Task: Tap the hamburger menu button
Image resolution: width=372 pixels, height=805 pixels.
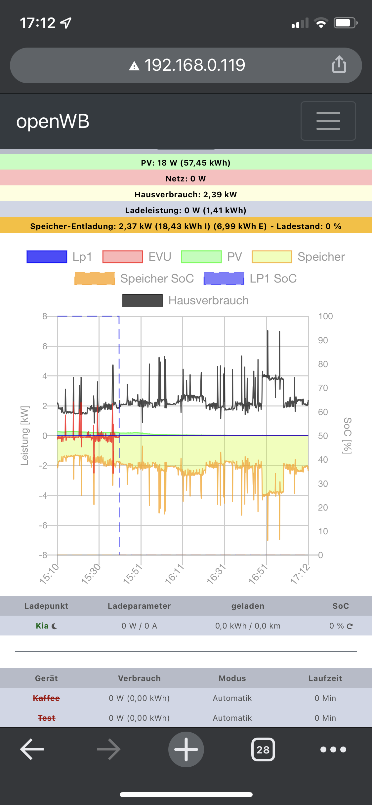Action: [x=328, y=121]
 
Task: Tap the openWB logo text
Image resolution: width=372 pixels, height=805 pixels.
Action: [x=53, y=121]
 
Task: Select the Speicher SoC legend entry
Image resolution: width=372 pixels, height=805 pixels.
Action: [x=134, y=279]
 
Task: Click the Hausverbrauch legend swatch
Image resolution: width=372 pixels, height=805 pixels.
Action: [x=143, y=300]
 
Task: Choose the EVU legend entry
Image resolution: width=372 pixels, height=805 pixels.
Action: [x=137, y=257]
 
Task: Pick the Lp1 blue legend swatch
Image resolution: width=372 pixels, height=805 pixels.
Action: [x=47, y=257]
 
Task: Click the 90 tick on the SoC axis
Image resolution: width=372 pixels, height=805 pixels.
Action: [x=323, y=340]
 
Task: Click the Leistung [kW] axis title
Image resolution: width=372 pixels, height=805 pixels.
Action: [x=25, y=436]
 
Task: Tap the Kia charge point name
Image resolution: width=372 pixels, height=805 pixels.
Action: [x=42, y=626]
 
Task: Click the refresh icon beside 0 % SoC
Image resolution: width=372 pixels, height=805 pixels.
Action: [x=350, y=626]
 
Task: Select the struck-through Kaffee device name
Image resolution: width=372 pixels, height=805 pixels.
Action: [x=46, y=698]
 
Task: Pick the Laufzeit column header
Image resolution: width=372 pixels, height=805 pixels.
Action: [x=325, y=678]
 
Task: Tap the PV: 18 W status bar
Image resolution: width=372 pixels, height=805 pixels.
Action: [x=186, y=163]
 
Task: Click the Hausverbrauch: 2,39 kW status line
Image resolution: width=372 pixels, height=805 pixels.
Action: [x=186, y=194]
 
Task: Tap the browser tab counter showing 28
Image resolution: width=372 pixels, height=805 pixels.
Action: [x=263, y=749]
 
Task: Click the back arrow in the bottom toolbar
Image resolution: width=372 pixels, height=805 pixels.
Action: [x=32, y=749]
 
